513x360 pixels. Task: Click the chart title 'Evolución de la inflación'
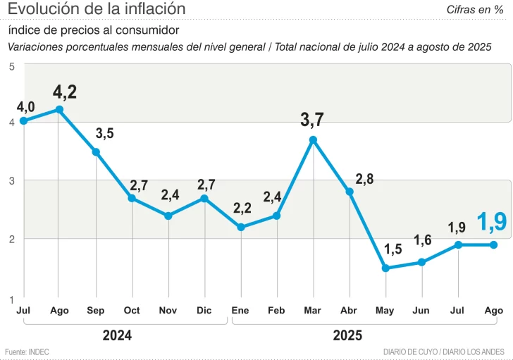(x=97, y=9)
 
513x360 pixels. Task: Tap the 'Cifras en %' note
(x=474, y=9)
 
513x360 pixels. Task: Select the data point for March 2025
(x=313, y=139)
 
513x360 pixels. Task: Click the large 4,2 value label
(x=65, y=91)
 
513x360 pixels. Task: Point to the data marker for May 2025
(x=385, y=268)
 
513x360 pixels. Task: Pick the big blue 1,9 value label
(x=491, y=222)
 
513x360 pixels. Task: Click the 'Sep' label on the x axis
(x=96, y=311)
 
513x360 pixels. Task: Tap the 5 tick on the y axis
(x=12, y=66)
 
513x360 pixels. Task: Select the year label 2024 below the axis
(x=117, y=335)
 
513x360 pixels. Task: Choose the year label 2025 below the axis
(x=347, y=335)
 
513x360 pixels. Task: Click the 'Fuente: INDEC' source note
(x=27, y=352)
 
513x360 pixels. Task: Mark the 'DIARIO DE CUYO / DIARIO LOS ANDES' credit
(x=443, y=352)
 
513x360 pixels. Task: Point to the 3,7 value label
(x=312, y=120)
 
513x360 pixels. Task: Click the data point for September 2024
(x=96, y=151)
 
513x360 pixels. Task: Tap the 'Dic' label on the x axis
(x=204, y=311)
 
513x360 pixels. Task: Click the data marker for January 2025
(x=241, y=227)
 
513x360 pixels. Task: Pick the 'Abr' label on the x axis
(x=349, y=311)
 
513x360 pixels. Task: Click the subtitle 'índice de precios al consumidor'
(x=94, y=30)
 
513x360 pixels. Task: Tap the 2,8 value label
(x=364, y=179)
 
